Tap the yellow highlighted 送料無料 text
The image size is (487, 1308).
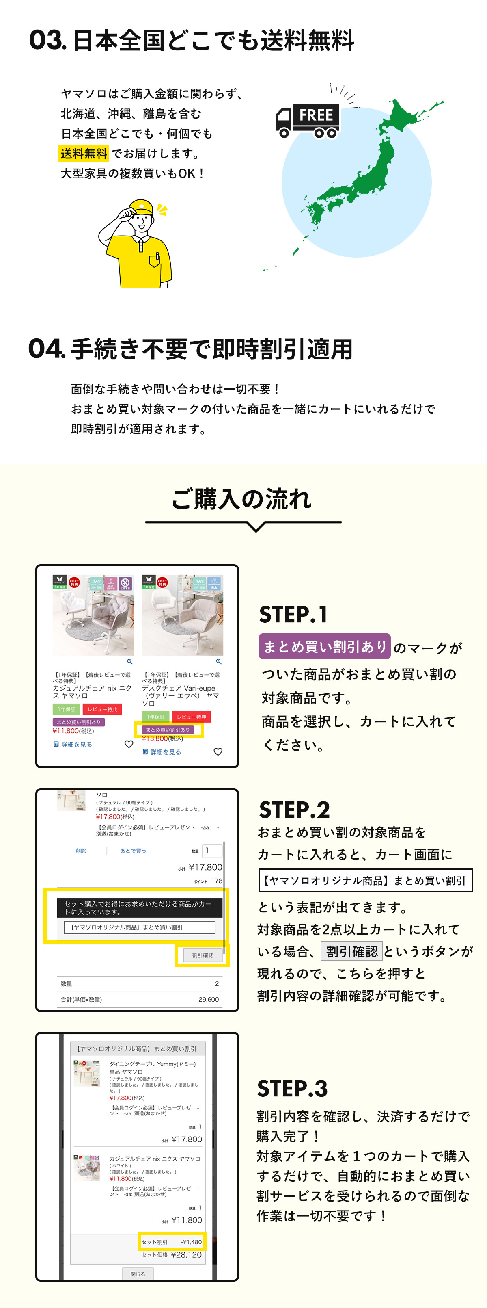point(84,154)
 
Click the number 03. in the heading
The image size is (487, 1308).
point(47,40)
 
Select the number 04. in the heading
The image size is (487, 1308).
point(47,349)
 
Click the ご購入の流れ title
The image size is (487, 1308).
point(241,499)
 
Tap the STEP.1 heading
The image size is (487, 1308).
point(293,614)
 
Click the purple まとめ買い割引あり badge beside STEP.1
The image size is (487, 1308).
point(324,646)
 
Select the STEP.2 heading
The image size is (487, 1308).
point(294,810)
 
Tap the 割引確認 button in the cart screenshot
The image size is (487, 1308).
point(203,955)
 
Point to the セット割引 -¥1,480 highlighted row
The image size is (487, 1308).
point(171,1242)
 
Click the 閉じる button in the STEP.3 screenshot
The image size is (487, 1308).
point(138,1274)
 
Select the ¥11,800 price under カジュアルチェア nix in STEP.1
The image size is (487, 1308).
point(66,731)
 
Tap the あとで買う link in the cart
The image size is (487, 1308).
point(133,851)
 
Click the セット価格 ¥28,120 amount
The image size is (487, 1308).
point(186,1255)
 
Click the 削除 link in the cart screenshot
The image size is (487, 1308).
point(81,851)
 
